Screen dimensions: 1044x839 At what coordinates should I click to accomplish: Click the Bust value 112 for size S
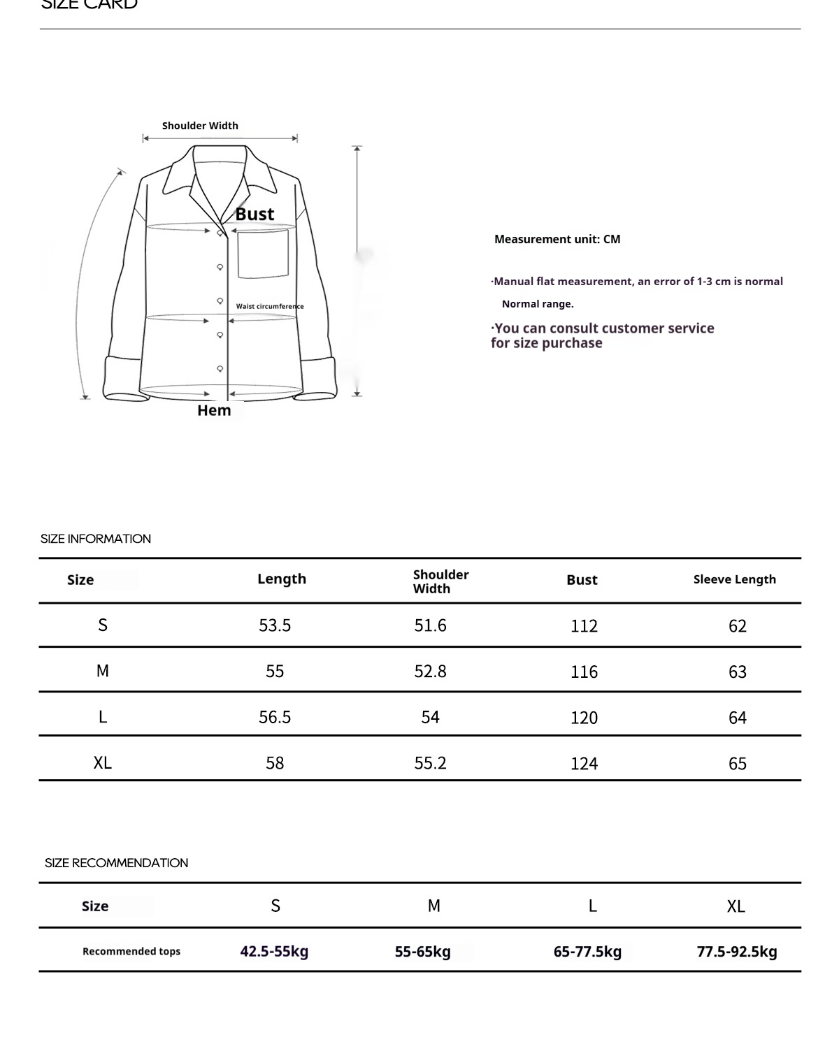click(584, 625)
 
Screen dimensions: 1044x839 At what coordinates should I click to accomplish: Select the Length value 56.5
click(275, 717)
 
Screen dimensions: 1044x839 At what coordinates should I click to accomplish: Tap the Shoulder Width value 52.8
click(430, 671)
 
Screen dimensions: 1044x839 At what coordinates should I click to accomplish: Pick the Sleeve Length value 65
click(737, 763)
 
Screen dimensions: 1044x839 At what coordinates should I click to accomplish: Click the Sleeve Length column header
click(734, 579)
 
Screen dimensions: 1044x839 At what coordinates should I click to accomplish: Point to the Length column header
click(282, 579)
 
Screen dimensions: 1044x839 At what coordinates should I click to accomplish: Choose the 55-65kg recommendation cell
click(422, 951)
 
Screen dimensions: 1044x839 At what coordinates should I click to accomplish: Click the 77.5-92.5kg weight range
click(737, 951)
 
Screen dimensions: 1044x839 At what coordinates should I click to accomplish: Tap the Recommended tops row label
click(131, 951)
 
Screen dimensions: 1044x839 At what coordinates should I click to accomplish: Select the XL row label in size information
click(103, 762)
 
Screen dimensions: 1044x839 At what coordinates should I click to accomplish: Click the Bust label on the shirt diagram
click(254, 214)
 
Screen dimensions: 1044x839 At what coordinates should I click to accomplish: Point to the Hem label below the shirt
click(214, 410)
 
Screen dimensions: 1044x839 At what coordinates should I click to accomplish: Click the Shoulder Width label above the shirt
click(200, 126)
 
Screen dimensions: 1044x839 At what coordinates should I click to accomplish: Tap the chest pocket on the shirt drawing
click(263, 254)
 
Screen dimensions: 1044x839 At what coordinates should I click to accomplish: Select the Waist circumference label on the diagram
click(270, 306)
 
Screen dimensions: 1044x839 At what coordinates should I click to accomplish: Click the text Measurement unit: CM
click(557, 239)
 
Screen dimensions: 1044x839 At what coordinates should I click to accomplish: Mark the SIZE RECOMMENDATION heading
click(116, 863)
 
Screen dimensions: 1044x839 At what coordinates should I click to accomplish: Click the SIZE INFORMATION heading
click(96, 539)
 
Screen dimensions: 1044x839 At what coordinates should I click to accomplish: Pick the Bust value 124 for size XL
click(584, 763)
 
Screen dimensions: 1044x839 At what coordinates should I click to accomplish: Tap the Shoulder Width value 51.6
click(430, 625)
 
